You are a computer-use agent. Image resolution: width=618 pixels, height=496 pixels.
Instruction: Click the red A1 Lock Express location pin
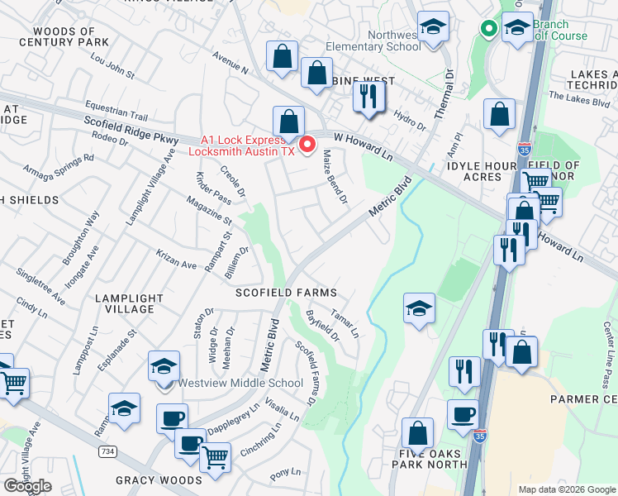pos(308,145)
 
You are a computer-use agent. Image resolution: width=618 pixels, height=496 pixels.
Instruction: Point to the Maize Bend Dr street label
pos(334,183)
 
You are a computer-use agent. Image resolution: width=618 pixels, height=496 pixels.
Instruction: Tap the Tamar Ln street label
pos(345,323)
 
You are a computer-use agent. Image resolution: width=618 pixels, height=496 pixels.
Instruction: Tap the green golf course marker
pos(488,30)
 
